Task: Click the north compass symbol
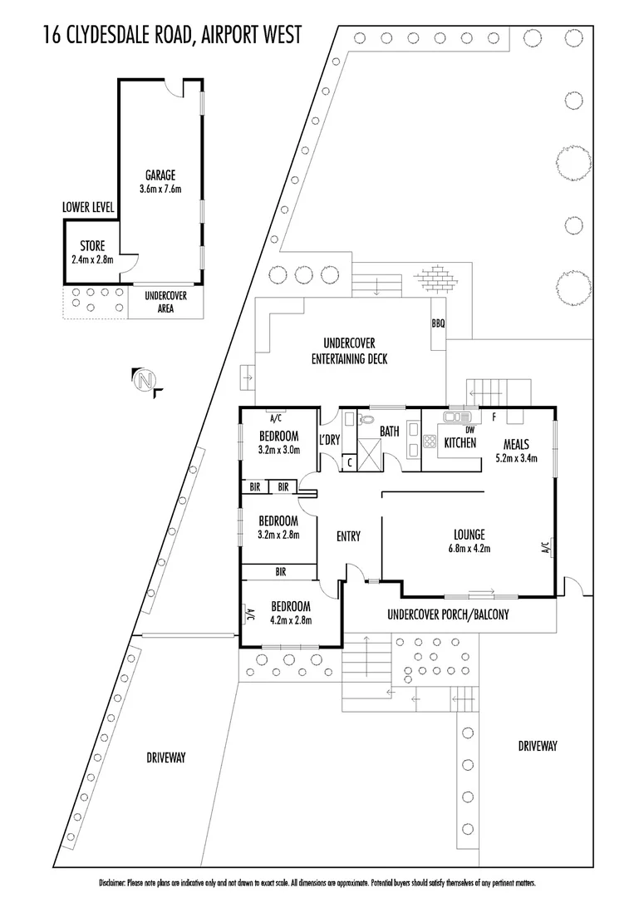146,381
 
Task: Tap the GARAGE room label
160,175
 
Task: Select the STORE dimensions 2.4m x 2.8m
91,259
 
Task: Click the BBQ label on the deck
438,323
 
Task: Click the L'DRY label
329,439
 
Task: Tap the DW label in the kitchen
469,429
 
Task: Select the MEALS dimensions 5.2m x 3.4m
515,457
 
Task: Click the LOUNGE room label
469,535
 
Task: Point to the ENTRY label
348,536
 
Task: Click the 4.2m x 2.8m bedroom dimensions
284,620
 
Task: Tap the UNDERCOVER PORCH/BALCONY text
448,615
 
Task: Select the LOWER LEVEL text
88,207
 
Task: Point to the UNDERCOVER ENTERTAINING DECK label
349,351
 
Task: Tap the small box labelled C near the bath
350,461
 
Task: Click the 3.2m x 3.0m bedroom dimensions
278,450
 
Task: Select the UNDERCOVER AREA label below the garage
165,302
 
